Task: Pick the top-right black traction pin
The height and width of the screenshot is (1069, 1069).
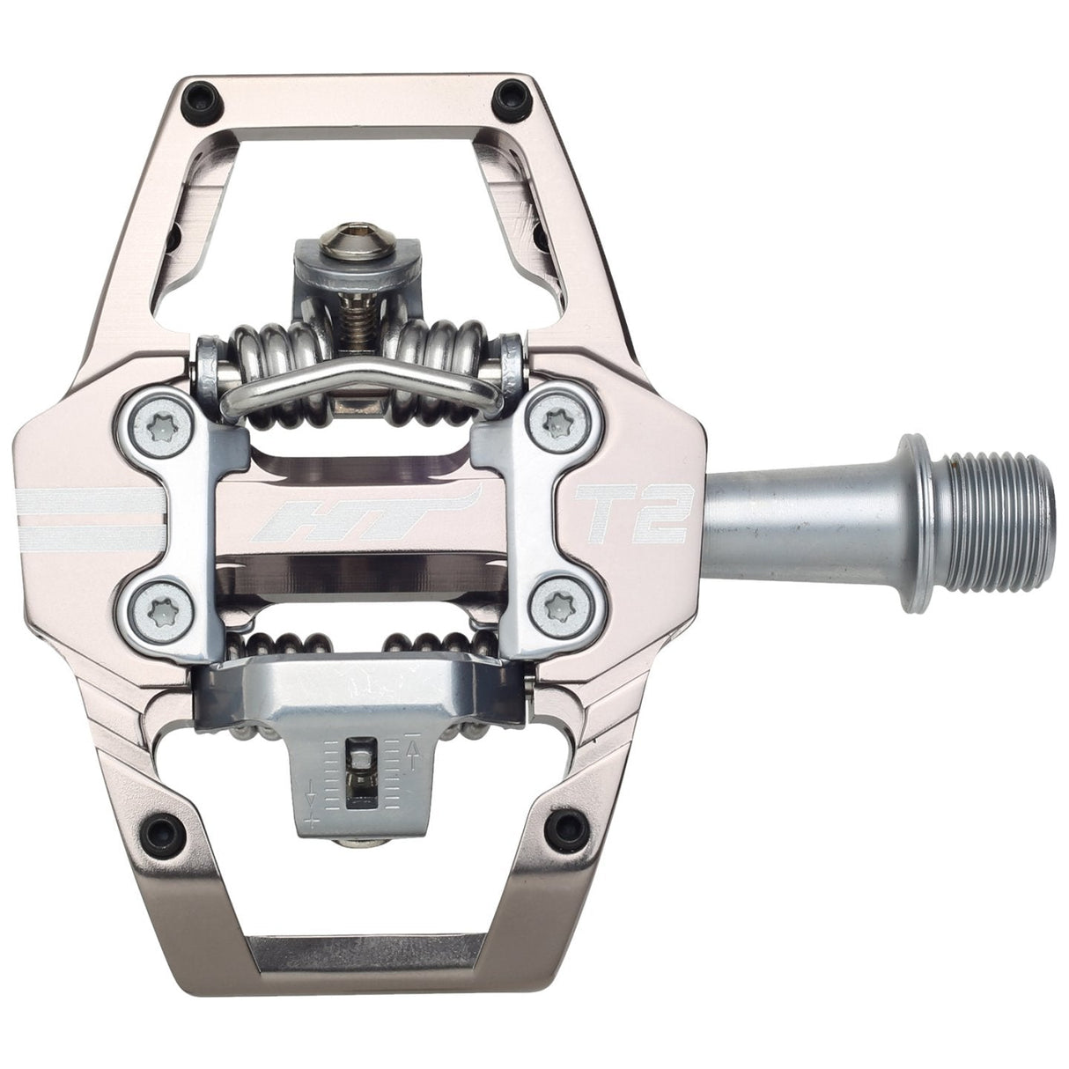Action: coord(509,94)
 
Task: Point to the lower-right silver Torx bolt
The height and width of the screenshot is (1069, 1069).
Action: coord(557,605)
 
